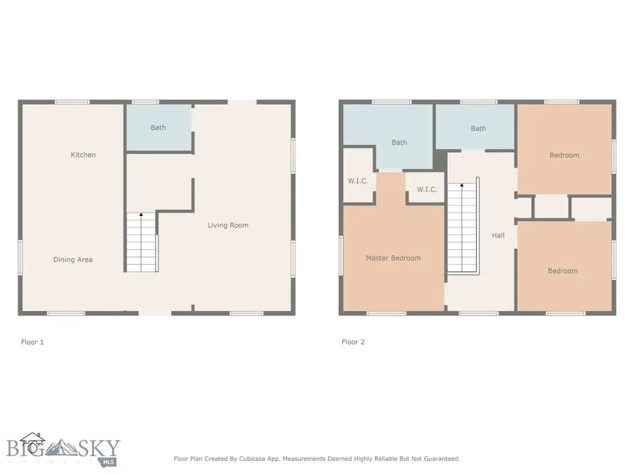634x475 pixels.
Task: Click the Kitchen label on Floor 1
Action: point(83,155)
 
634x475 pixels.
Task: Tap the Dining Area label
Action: point(73,260)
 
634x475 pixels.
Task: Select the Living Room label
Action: point(228,225)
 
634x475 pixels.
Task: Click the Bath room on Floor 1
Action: point(158,127)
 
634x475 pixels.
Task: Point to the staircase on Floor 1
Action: point(142,243)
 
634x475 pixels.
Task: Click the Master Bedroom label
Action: point(393,258)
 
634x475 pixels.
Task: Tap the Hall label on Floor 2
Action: point(498,236)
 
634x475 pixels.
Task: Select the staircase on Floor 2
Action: point(463,229)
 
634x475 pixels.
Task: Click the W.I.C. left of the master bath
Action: point(358,181)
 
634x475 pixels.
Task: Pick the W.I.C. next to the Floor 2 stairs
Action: point(427,189)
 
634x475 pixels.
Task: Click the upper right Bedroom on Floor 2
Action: point(564,155)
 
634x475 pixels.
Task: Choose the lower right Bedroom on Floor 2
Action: point(563,271)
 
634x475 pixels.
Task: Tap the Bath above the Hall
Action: point(478,128)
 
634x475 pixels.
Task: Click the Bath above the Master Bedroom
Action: point(399,142)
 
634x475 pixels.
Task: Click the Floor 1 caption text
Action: point(32,342)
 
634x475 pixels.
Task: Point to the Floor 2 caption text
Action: point(353,342)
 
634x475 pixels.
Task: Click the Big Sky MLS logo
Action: point(63,449)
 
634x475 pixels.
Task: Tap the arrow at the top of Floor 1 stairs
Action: point(141,213)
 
